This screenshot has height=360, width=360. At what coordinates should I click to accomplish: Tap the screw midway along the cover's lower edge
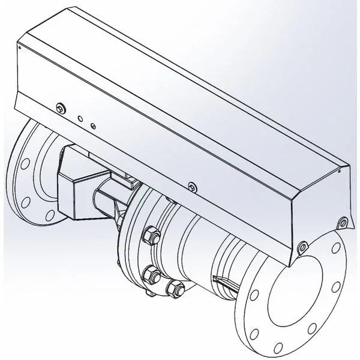tap(191, 186)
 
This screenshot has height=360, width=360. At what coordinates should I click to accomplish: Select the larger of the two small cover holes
tap(80, 119)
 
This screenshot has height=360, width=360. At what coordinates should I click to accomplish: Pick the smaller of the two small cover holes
tap(92, 125)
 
